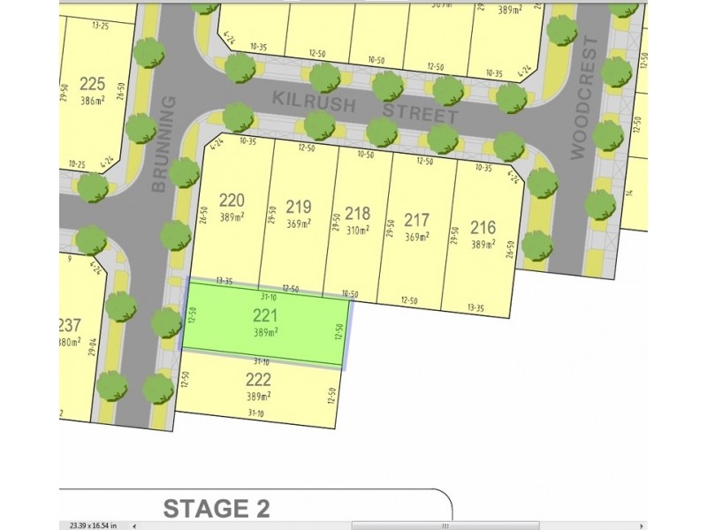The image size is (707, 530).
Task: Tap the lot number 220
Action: tap(231, 200)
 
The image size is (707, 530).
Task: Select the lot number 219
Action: tap(299, 207)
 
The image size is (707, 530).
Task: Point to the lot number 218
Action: tap(357, 214)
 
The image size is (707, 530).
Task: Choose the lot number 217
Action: tap(416, 219)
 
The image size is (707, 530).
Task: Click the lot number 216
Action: tap(483, 226)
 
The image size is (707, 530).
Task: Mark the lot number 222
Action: tap(258, 379)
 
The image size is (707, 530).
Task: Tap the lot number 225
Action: tap(92, 84)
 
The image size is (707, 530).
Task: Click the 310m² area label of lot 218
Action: tap(357, 231)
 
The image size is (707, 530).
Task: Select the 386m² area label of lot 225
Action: tap(92, 102)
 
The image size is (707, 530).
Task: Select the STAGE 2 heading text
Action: tap(216, 508)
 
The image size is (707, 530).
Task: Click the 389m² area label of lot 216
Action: tap(483, 245)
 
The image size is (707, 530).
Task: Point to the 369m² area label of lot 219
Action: tap(299, 224)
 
